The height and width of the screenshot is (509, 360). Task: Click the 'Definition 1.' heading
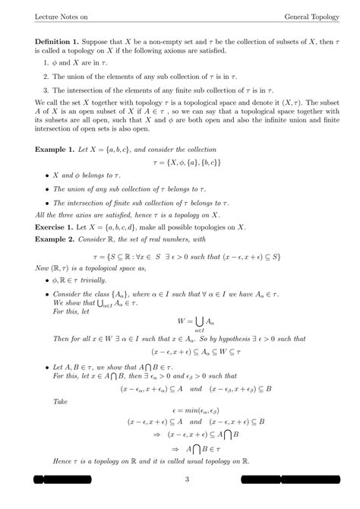(60, 40)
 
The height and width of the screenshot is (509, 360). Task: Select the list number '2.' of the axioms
(46, 77)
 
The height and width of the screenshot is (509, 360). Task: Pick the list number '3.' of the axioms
(46, 90)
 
